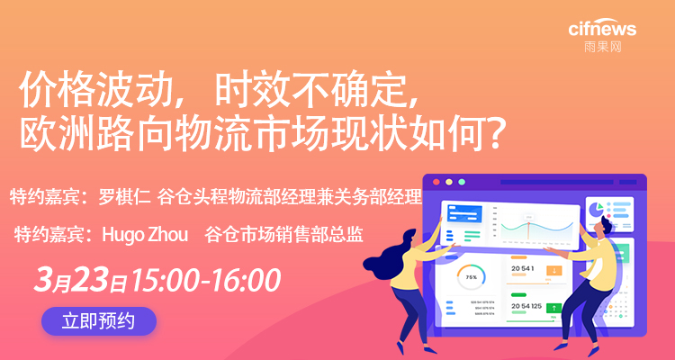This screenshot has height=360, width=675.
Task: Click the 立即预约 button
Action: click(99, 320)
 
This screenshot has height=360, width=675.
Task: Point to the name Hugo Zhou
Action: click(145, 235)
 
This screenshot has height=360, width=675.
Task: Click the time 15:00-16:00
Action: click(206, 280)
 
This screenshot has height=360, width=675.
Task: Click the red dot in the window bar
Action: click(437, 182)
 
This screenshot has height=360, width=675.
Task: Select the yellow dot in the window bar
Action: click(449, 182)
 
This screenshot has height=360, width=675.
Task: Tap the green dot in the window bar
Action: click(461, 182)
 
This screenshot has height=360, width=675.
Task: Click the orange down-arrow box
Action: click(554, 271)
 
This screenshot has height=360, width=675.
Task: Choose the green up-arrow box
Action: click(554, 309)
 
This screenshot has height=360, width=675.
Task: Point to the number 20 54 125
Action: click(526, 307)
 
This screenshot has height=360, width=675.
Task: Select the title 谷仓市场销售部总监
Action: click(283, 235)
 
